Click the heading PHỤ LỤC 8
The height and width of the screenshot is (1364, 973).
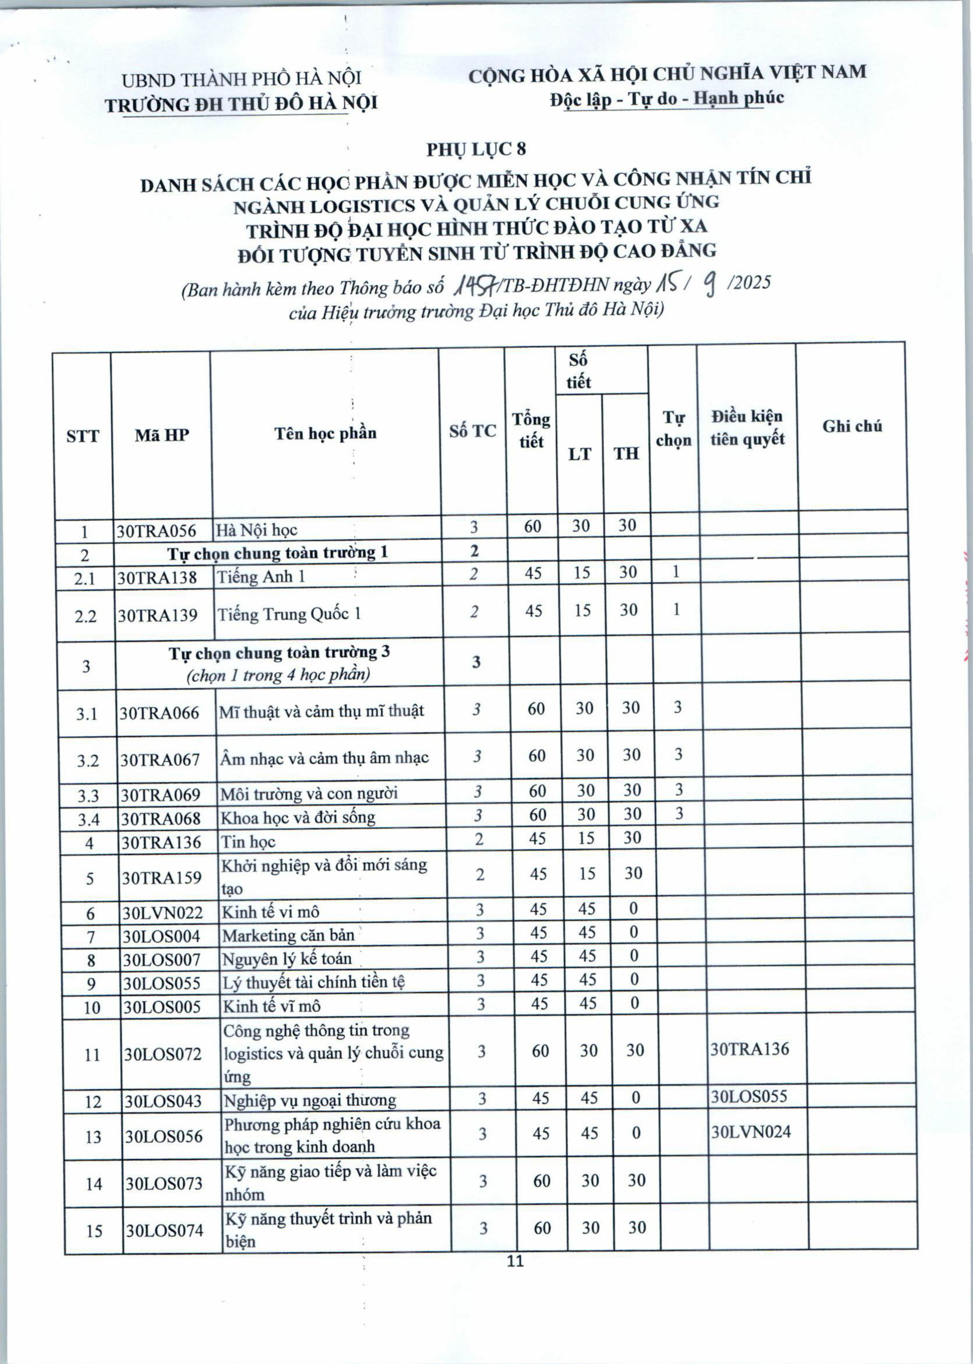tap(476, 149)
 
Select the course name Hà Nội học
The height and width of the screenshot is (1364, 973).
tap(257, 530)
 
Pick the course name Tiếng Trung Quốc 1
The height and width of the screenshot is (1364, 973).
tap(289, 614)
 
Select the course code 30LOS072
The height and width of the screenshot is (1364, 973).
tap(163, 1053)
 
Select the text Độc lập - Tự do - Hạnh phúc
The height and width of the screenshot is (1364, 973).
tap(667, 98)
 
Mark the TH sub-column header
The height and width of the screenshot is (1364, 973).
tap(626, 454)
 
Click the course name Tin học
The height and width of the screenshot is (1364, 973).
tap(248, 843)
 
